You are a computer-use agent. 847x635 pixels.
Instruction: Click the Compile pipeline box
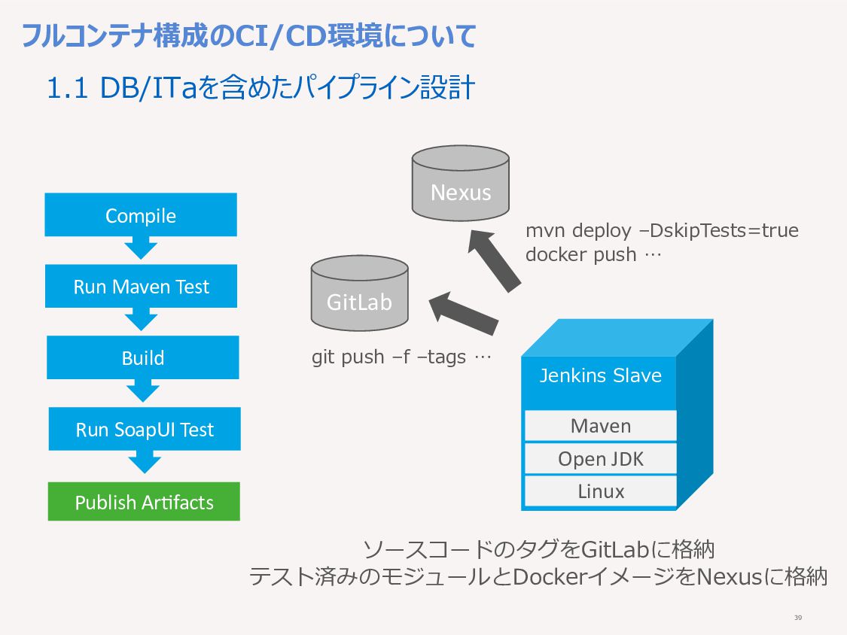pyautogui.click(x=141, y=215)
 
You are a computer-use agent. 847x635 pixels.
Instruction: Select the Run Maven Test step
pyautogui.click(x=141, y=286)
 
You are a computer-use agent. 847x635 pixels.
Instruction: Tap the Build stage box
pyautogui.click(x=142, y=357)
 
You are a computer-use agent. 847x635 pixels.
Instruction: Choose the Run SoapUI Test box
pyautogui.click(x=145, y=429)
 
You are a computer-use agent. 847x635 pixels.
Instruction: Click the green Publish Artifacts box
pyautogui.click(x=144, y=502)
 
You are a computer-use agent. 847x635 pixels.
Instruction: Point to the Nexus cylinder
pyautogui.click(x=460, y=184)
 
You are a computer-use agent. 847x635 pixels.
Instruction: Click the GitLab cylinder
pyautogui.click(x=359, y=293)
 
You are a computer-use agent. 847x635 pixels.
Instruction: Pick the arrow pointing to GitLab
pyautogui.click(x=464, y=313)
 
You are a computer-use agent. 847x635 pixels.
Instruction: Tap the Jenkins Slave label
pyautogui.click(x=601, y=375)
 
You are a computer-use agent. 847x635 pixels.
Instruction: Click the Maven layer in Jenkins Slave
pyautogui.click(x=601, y=426)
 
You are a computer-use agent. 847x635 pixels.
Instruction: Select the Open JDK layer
pyautogui.click(x=601, y=459)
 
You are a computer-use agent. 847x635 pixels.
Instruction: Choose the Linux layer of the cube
pyautogui.click(x=601, y=491)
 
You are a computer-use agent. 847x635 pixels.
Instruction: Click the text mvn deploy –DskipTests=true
pyautogui.click(x=662, y=230)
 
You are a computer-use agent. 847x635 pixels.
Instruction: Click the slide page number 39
pyautogui.click(x=798, y=618)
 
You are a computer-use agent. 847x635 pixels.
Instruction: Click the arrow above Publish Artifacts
pyautogui.click(x=145, y=462)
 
